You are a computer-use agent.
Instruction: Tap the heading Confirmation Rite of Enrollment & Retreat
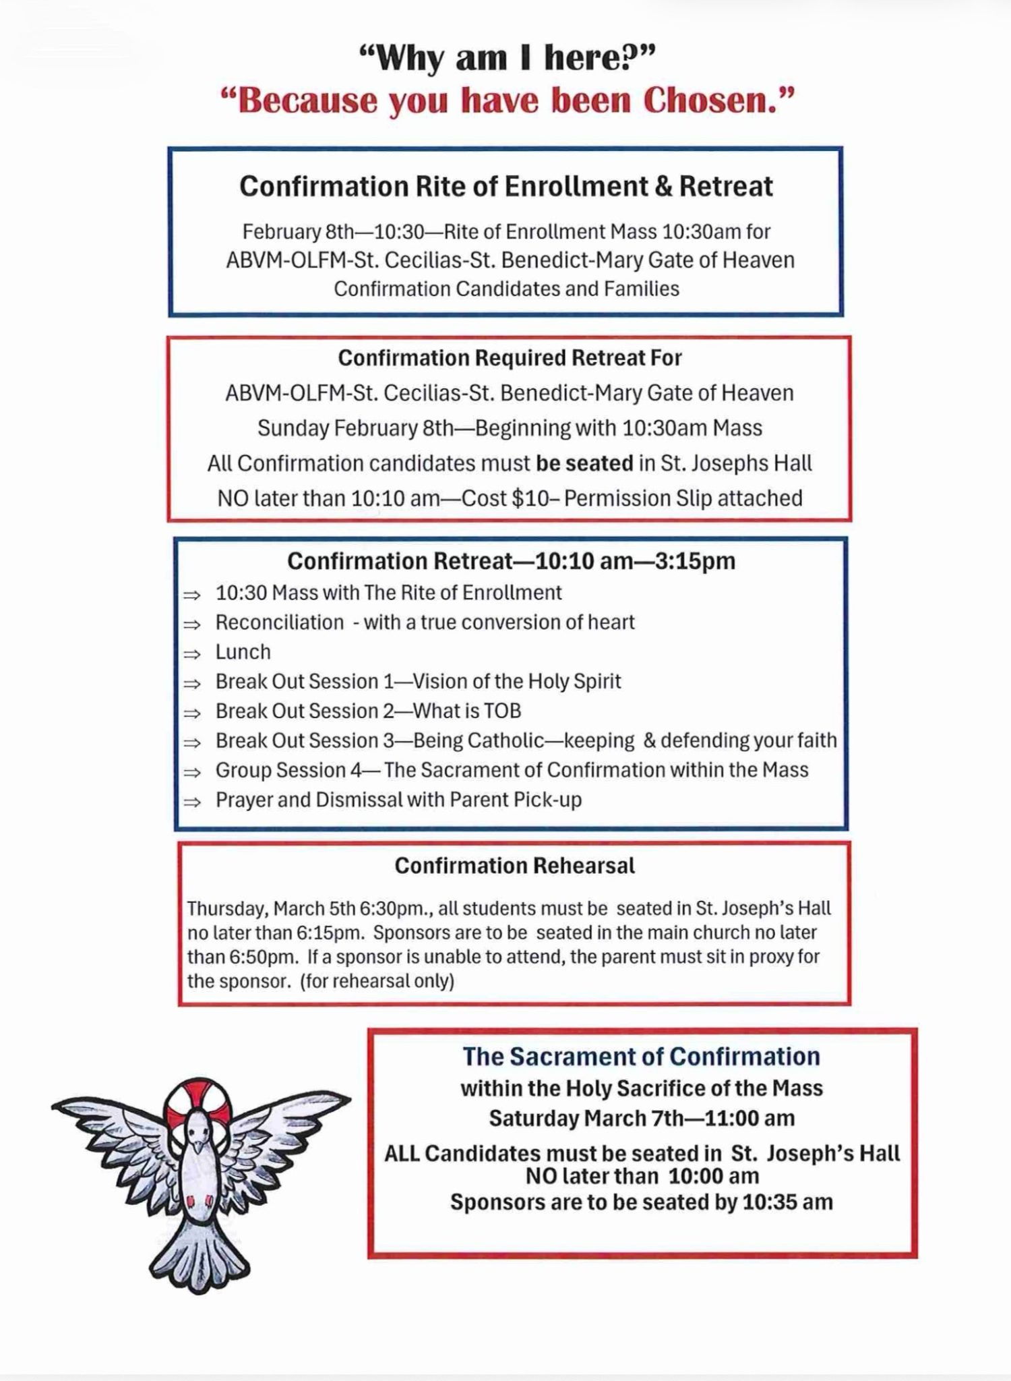coord(506,187)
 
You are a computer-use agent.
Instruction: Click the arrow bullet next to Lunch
coord(193,653)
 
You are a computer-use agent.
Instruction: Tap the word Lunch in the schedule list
coord(243,652)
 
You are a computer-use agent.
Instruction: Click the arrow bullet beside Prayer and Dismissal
coord(193,802)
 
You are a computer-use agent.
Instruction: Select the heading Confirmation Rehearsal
coord(514,866)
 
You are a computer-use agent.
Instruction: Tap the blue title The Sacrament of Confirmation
coord(641,1056)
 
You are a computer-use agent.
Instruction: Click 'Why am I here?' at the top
coord(506,59)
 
